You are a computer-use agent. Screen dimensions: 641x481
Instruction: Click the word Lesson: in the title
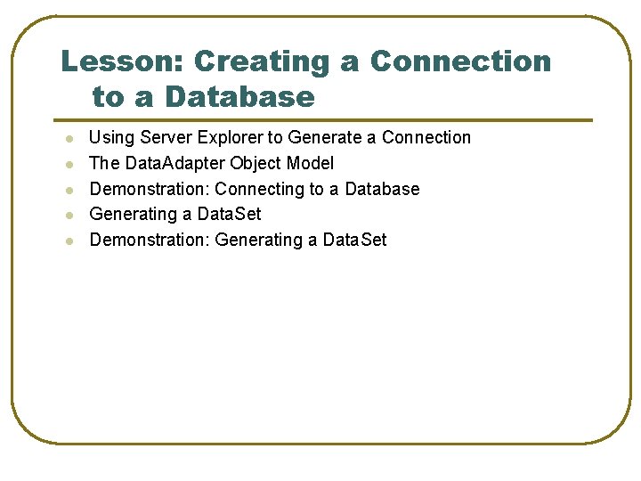[122, 61]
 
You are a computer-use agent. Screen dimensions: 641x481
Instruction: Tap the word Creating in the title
[262, 63]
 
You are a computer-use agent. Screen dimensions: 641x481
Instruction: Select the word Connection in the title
[461, 61]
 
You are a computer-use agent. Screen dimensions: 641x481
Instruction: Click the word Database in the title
[240, 96]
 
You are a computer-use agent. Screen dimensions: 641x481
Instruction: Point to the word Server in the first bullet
[166, 137]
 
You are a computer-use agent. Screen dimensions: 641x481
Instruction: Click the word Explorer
[231, 138]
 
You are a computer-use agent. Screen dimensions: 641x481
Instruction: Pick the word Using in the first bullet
[111, 138]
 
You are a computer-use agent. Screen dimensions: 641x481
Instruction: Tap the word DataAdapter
[174, 164]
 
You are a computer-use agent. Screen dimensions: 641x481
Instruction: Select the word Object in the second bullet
[256, 164]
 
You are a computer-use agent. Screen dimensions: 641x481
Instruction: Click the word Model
[310, 163]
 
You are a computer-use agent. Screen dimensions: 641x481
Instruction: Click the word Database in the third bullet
[382, 189]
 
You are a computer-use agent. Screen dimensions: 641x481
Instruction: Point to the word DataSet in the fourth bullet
[229, 214]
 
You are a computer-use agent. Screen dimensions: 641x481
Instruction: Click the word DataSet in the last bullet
[354, 240]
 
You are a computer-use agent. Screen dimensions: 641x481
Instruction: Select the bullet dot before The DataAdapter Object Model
[69, 165]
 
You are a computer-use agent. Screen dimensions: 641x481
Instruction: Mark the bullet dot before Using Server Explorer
[69, 139]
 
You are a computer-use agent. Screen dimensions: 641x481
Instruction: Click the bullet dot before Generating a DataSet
[69, 216]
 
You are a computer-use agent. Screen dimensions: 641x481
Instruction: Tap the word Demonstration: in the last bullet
[150, 240]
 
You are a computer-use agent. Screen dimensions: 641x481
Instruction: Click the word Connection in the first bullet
[426, 137]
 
